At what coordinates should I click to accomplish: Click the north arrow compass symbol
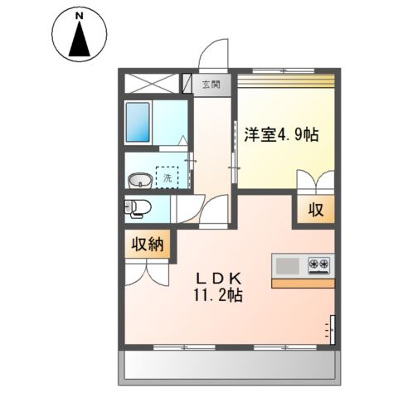pyautogui.click(x=80, y=35)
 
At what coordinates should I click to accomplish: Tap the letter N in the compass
pyautogui.click(x=80, y=16)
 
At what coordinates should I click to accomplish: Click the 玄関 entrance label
pyautogui.click(x=211, y=84)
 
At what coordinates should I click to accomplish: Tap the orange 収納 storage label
pyautogui.click(x=148, y=245)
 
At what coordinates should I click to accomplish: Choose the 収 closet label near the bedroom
pyautogui.click(x=316, y=210)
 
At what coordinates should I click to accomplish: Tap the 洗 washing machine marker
pyautogui.click(x=167, y=177)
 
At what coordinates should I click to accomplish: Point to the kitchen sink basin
pyautogui.click(x=288, y=265)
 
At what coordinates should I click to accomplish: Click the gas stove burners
pyautogui.click(x=319, y=265)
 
